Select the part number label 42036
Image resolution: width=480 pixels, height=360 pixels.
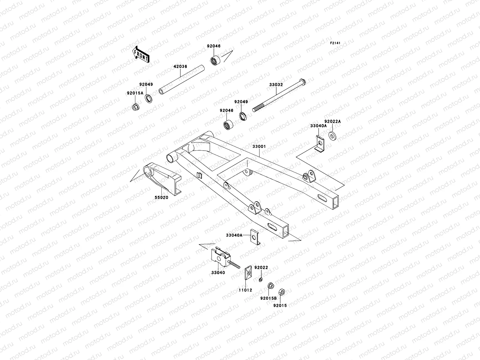(180, 67)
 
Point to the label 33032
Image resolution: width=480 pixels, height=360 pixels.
(276, 85)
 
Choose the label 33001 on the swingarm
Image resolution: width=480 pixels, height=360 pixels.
(259, 146)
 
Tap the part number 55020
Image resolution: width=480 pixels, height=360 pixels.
(161, 197)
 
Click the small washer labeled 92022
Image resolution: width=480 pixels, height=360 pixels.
(261, 280)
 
